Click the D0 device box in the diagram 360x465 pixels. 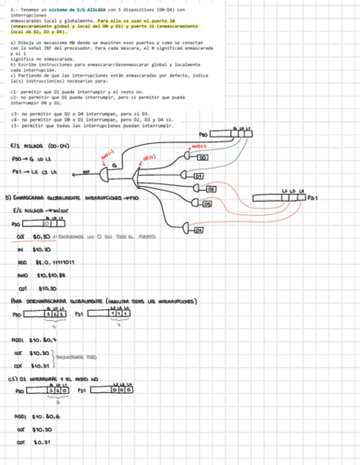pyautogui.click(x=203, y=158)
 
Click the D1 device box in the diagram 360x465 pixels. pyautogui.click(x=199, y=176)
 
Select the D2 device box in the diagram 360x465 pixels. pyautogui.click(x=211, y=189)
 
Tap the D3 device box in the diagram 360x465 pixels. pyautogui.click(x=207, y=205)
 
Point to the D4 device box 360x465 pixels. pyautogui.click(x=199, y=230)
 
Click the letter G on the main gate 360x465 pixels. pyautogui.click(x=114, y=166)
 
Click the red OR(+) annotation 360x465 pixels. pyautogui.click(x=149, y=157)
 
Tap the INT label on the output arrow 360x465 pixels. pyautogui.click(x=86, y=172)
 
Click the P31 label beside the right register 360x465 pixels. pyautogui.click(x=312, y=197)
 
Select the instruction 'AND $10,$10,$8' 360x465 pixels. pyautogui.click(x=42, y=275)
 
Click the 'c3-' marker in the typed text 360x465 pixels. pyautogui.click(x=14, y=114)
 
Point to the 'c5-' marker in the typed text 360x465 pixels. pyautogui.click(x=14, y=126)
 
